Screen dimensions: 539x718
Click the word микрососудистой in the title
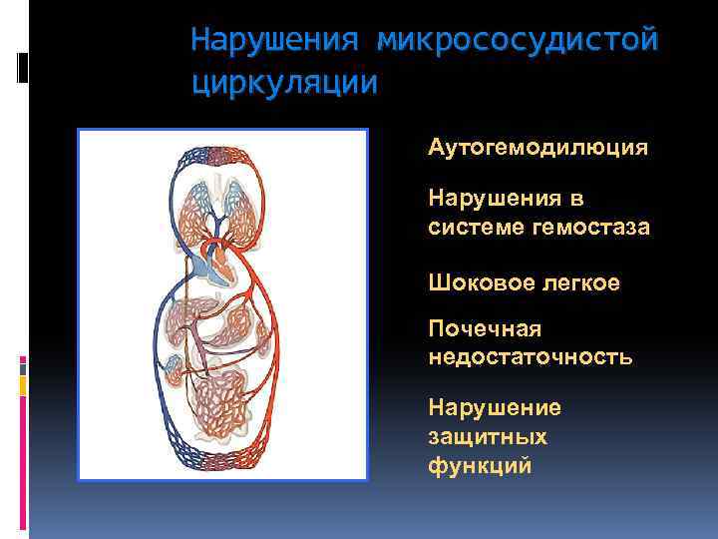tap(518, 42)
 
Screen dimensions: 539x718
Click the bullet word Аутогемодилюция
tap(538, 148)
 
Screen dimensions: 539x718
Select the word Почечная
tap(485, 328)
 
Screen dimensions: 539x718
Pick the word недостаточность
tap(530, 356)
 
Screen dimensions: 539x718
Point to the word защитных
tap(487, 436)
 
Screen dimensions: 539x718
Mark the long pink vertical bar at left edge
tap(22, 450)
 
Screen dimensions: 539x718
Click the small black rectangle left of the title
tap(22, 67)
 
